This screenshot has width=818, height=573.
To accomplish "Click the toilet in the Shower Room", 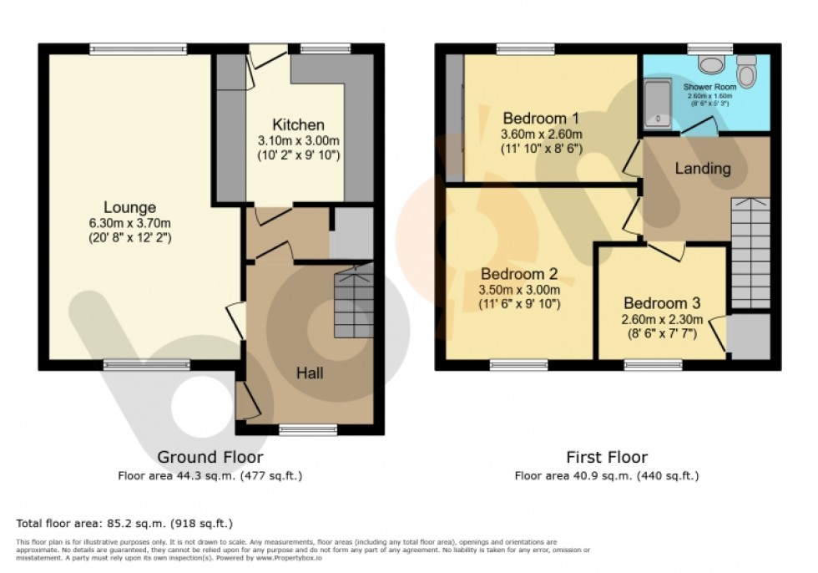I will click(747, 74).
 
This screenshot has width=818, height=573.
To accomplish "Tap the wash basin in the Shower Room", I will click(711, 66).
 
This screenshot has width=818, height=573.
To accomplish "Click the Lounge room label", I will click(129, 207).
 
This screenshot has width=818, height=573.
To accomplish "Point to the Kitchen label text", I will click(298, 125).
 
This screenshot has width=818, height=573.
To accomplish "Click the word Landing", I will click(703, 169).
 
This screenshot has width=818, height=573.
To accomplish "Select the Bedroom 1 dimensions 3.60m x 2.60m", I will click(541, 134).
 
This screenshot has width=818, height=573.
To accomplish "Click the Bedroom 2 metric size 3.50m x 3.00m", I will click(518, 289).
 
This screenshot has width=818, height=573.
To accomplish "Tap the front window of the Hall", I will click(308, 429).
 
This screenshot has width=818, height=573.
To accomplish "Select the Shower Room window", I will click(709, 49).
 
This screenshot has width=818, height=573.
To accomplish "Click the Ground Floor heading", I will click(210, 457).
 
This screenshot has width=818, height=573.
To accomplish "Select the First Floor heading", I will click(607, 457).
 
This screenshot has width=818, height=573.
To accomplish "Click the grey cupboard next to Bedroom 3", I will click(748, 336).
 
